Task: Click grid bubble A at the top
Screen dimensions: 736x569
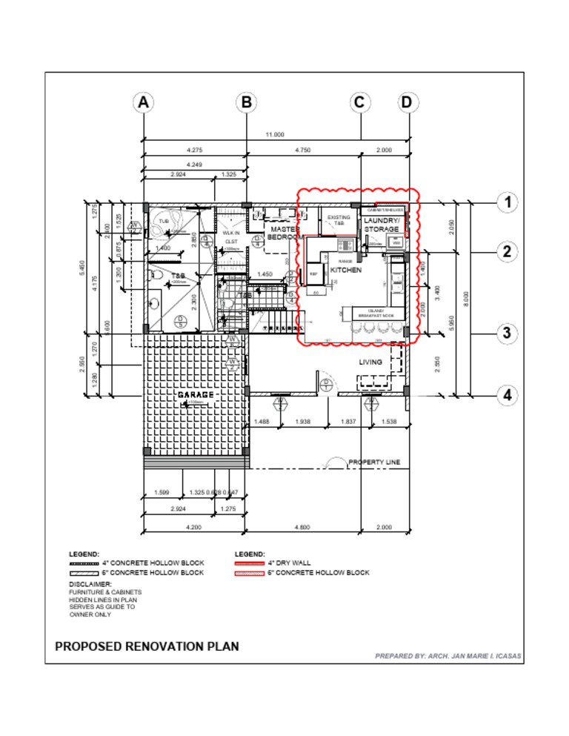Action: click(x=144, y=102)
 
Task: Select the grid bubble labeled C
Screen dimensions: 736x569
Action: click(x=359, y=102)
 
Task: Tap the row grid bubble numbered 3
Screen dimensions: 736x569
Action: click(x=508, y=334)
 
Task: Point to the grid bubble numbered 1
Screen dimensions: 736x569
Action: click(x=508, y=202)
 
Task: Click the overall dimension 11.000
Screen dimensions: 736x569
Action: click(x=275, y=134)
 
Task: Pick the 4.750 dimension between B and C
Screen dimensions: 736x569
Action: click(x=302, y=150)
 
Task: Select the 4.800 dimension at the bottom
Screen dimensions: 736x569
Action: click(x=302, y=527)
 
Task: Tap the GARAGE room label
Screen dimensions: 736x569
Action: click(x=196, y=395)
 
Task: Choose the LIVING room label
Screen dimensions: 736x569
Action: click(x=370, y=362)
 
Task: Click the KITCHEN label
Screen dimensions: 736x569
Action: click(x=346, y=271)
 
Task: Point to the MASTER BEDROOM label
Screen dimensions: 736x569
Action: click(x=284, y=233)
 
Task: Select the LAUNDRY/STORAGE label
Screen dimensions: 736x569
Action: click(x=382, y=225)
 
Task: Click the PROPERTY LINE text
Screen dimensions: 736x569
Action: click(x=374, y=462)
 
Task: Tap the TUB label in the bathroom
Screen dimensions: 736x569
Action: click(x=164, y=221)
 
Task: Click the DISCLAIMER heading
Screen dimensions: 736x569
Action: click(x=90, y=584)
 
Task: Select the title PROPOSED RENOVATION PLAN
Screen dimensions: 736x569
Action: click(x=147, y=646)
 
